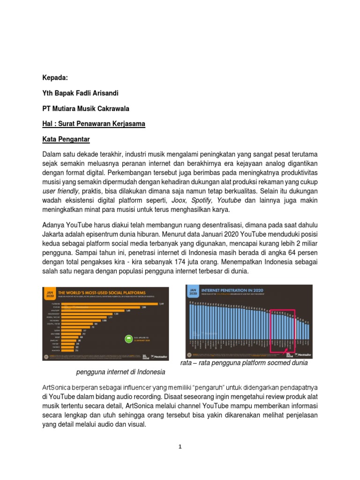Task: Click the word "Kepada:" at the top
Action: point(55,77)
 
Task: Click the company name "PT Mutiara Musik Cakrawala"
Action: point(86,108)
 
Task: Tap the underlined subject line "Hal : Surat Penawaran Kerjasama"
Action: point(94,124)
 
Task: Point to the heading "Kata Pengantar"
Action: point(66,139)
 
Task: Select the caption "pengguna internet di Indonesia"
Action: point(120,372)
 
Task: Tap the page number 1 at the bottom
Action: point(180,447)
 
